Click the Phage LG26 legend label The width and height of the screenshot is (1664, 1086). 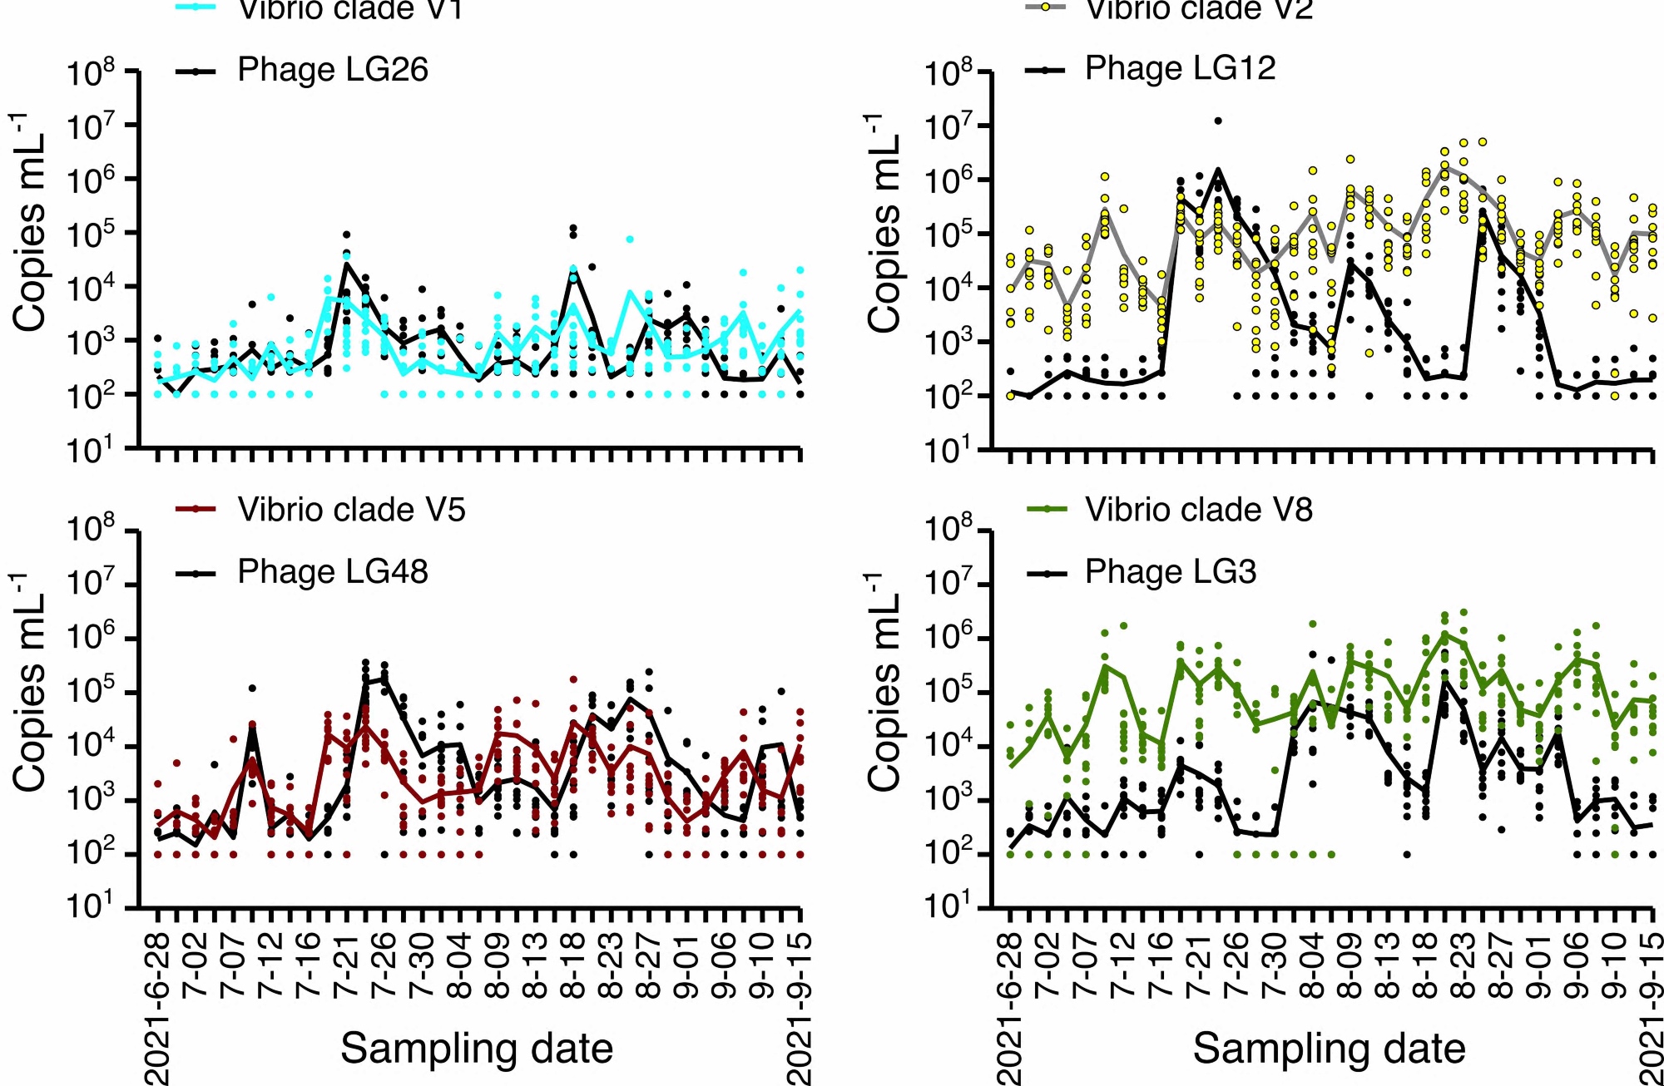332,70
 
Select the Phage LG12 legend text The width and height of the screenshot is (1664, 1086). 1180,68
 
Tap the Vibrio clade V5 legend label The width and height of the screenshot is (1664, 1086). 351,510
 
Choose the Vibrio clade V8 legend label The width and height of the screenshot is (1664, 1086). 1198,510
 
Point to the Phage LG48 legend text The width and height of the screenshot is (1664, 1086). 332,572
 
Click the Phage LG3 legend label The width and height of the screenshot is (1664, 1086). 1170,572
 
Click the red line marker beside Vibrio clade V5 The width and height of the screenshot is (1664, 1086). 196,510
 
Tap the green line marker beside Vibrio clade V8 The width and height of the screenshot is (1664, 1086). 1046,510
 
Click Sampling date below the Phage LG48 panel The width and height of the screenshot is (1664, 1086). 477,1048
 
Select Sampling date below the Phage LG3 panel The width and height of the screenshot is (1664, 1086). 1329,1048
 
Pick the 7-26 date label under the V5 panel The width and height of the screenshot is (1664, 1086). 384,965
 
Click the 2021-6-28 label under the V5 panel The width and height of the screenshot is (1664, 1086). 157,1008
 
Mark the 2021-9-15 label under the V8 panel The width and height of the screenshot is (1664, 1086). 1652,1008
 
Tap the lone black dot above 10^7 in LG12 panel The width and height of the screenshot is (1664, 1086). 1217,121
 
